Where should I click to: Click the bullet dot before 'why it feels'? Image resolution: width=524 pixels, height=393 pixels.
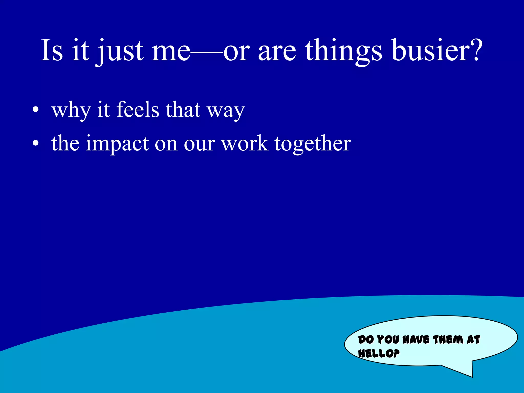[x=36, y=110]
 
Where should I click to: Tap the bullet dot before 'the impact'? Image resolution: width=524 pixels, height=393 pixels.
[x=36, y=144]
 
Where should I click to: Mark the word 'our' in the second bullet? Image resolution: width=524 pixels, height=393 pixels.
[x=199, y=145]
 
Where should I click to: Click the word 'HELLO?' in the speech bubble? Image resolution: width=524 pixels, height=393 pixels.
[x=379, y=354]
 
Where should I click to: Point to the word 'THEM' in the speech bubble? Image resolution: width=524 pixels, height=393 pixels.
[x=448, y=340]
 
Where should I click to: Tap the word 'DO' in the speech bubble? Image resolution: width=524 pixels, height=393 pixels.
[x=366, y=340]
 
